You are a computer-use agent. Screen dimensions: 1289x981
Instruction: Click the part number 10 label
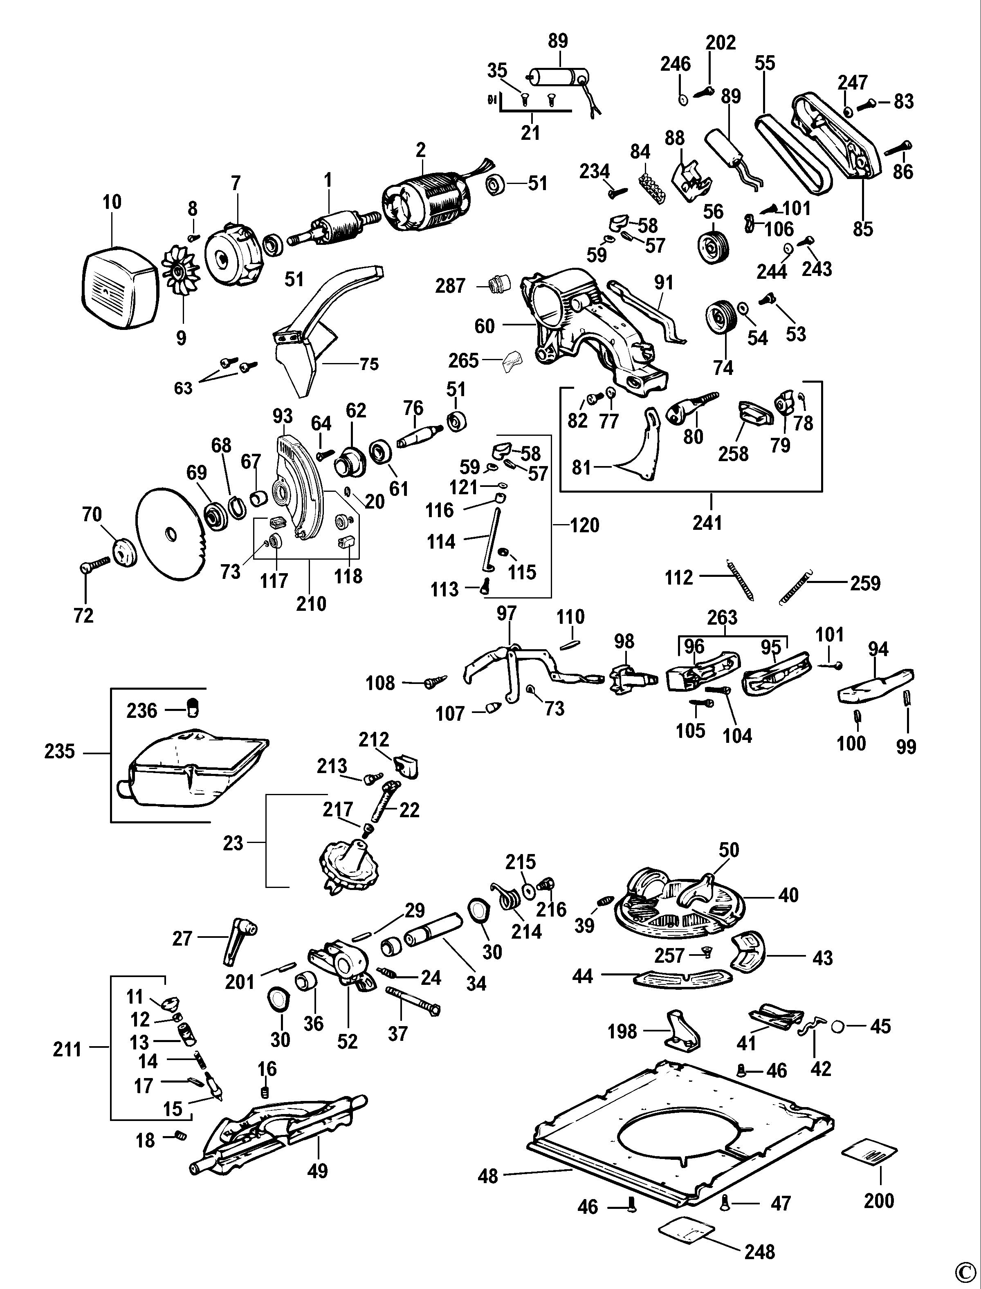(112, 202)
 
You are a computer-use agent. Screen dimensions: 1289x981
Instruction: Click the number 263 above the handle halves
(722, 618)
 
